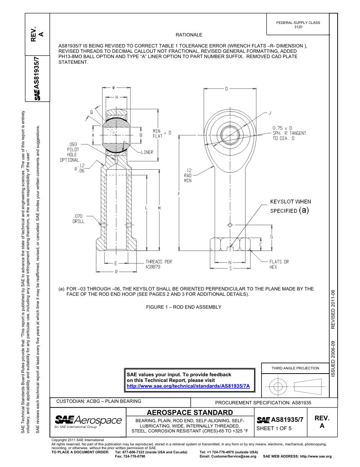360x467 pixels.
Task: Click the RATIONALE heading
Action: click(189, 35)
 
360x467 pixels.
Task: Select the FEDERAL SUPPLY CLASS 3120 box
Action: click(298, 25)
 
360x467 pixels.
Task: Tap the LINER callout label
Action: click(147, 152)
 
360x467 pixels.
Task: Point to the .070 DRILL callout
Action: click(78, 219)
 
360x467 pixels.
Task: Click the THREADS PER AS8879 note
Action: click(159, 264)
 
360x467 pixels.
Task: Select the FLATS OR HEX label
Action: click(279, 264)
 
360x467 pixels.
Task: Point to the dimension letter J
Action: click(270, 113)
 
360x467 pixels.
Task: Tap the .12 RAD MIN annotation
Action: click(188, 175)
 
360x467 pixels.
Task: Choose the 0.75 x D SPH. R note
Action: click(289, 133)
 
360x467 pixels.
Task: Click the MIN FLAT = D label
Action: click(162, 133)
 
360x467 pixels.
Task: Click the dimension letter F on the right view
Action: click(178, 194)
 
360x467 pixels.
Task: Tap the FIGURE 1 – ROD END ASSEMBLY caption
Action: click(183, 307)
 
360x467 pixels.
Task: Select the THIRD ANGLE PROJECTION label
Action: click(295, 368)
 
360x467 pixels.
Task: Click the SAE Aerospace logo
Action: click(88, 421)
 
